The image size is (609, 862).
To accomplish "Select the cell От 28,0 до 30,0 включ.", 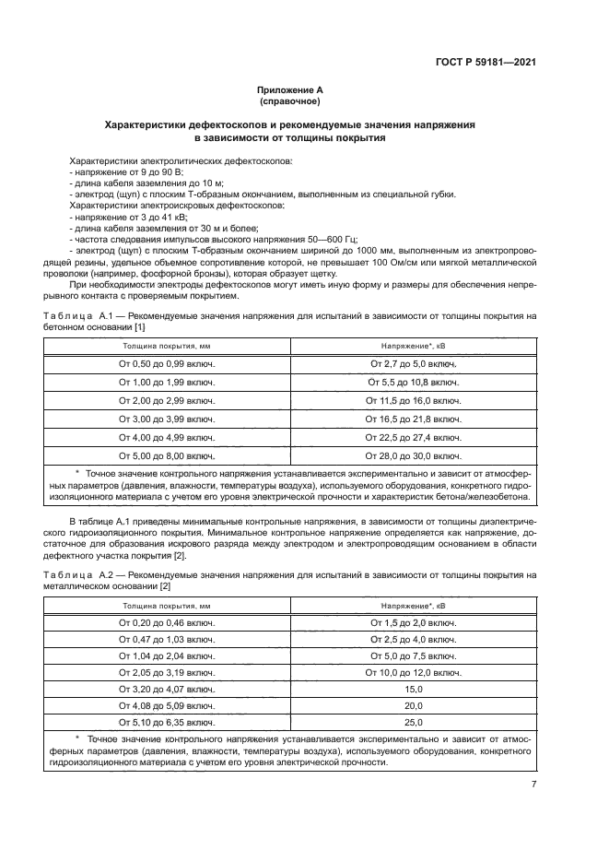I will [414, 455].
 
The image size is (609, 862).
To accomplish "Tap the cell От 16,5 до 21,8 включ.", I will [414, 419].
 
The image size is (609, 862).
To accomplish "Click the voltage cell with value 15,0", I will [414, 689].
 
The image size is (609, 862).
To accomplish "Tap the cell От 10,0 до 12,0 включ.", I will [414, 673].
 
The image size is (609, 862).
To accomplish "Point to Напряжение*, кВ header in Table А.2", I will [414, 606].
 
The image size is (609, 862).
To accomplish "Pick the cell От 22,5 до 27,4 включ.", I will [414, 437].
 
